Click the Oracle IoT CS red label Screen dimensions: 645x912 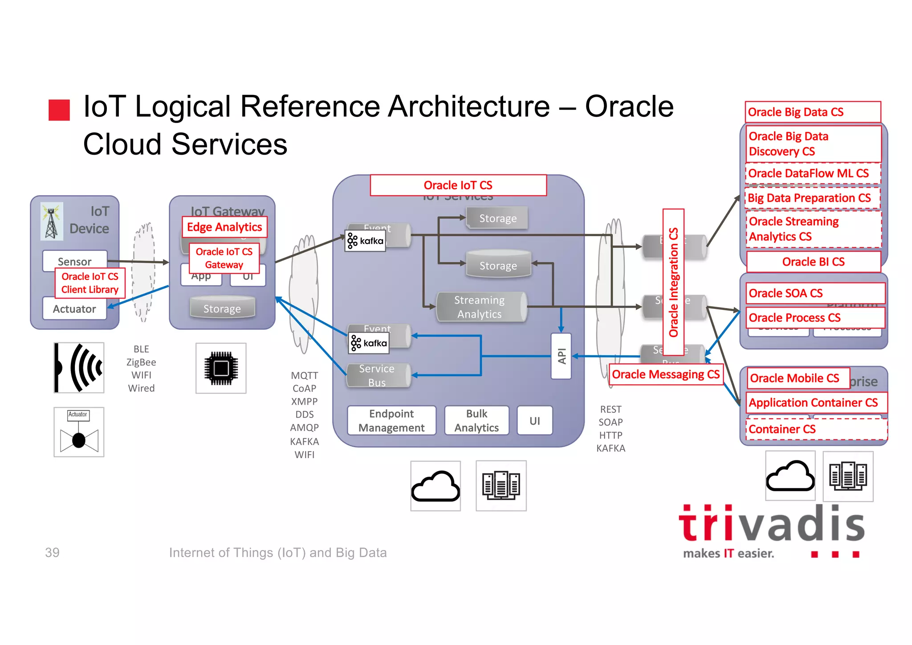click(x=458, y=185)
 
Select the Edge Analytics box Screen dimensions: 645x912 click(x=224, y=227)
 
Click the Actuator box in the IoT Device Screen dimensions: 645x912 click(x=74, y=309)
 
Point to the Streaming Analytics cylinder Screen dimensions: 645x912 click(x=480, y=307)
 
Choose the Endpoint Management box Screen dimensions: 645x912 click(x=391, y=420)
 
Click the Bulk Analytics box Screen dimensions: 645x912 click(x=476, y=420)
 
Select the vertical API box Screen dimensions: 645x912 click(x=561, y=356)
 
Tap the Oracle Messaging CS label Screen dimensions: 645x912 click(x=665, y=374)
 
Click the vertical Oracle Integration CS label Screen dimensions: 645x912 click(x=673, y=282)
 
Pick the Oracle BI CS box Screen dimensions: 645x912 click(x=813, y=262)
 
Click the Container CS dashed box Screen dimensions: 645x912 click(x=816, y=429)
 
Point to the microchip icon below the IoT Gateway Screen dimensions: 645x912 click(x=221, y=368)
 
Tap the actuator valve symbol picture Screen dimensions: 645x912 click(x=79, y=432)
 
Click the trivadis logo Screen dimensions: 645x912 click(x=771, y=530)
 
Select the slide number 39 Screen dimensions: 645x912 click(x=52, y=552)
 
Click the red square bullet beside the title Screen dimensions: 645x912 click(x=59, y=110)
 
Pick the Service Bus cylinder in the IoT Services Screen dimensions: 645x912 click(x=378, y=375)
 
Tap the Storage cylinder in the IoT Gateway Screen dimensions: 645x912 click(x=222, y=308)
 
